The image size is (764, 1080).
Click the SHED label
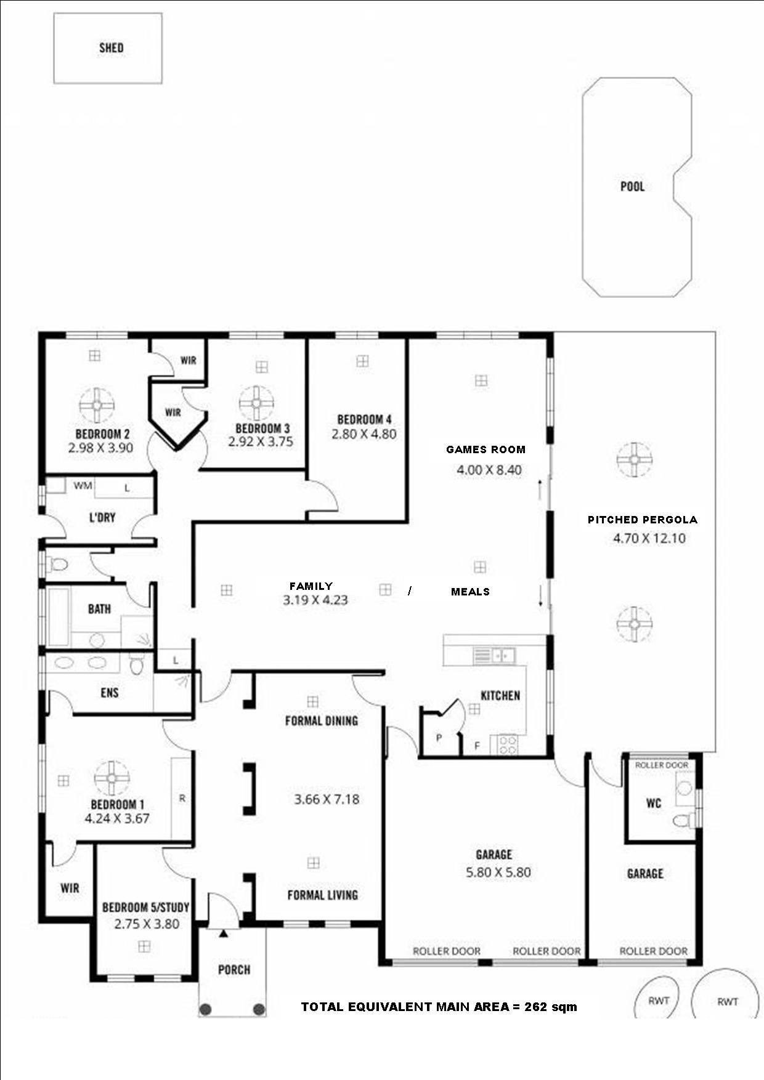tap(111, 47)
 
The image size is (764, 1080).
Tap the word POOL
tap(632, 186)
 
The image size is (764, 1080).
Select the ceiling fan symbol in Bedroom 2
tap(97, 405)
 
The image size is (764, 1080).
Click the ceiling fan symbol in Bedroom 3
tap(257, 403)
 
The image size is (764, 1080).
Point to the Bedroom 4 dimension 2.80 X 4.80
tap(364, 434)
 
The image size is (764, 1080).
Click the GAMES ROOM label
tap(486, 449)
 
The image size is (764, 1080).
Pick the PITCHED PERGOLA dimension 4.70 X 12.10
tap(649, 538)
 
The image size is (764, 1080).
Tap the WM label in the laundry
tap(83, 486)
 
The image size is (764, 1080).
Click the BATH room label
tap(99, 609)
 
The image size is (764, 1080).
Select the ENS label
tap(109, 693)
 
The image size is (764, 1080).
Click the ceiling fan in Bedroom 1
tap(112, 778)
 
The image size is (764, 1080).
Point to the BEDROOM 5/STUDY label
tap(146, 907)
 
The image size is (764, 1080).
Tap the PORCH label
tap(234, 970)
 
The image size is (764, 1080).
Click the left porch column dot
tap(206, 1009)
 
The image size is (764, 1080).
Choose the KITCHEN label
tap(500, 695)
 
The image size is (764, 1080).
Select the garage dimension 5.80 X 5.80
tap(498, 872)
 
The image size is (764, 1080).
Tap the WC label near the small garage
tap(653, 803)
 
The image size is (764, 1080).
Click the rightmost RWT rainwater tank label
tap(728, 1002)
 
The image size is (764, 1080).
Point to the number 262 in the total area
tap(535, 1007)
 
